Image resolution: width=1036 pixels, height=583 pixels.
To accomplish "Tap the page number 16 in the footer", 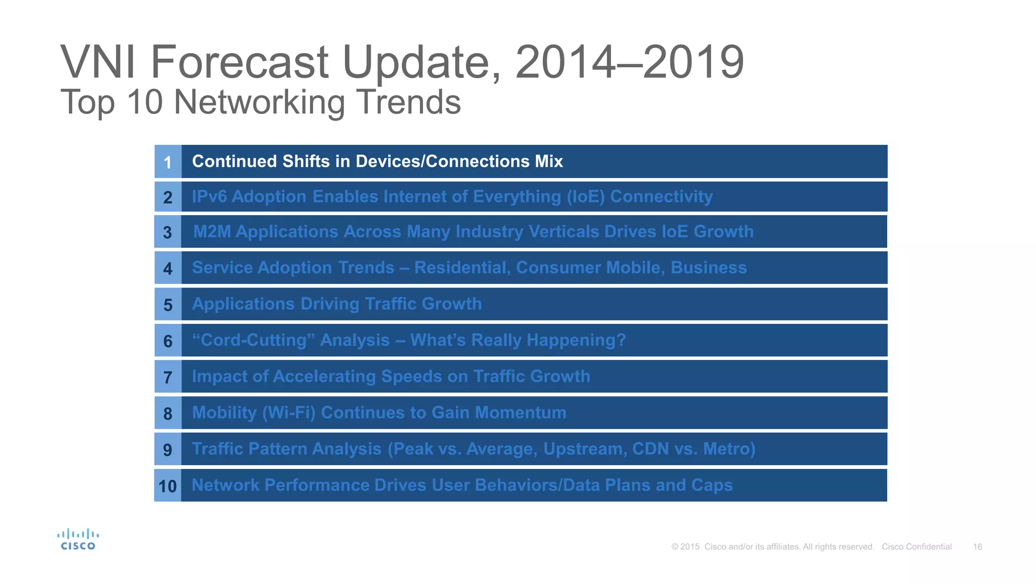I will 977,547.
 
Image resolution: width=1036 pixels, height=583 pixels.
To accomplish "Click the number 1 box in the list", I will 168,162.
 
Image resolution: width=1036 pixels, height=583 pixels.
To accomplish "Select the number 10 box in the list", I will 168,486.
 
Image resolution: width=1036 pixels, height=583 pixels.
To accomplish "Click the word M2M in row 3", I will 212,232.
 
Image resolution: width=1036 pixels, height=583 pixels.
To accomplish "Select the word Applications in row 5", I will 243,304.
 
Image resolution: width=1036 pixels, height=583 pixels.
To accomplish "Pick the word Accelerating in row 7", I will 324,377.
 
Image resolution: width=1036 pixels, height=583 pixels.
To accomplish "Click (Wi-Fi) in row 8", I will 289,413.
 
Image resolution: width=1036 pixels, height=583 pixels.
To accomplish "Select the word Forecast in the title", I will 240,63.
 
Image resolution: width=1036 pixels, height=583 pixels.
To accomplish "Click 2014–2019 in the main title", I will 629,63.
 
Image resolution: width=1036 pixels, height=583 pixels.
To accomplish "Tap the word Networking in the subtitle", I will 260,102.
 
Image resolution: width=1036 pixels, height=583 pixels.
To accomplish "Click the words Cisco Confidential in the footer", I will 917,547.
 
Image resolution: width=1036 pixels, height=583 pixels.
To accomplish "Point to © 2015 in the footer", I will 685,547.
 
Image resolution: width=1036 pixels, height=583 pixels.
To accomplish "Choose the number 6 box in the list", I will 168,341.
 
